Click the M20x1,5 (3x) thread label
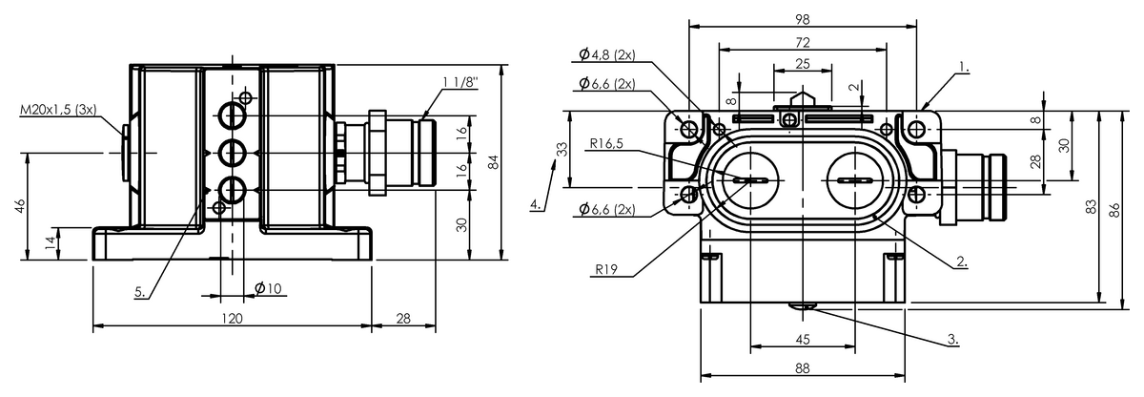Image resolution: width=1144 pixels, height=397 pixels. pyautogui.click(x=58, y=110)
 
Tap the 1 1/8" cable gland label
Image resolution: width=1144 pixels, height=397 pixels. pyautogui.click(x=460, y=82)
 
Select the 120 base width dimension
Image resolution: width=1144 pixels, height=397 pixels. pyautogui.click(x=232, y=319)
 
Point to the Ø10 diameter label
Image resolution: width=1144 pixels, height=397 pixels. pyautogui.click(x=268, y=288)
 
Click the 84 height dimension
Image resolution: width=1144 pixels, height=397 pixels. pyautogui.click(x=492, y=162)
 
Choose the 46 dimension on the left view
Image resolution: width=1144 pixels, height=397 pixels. pyautogui.click(x=19, y=206)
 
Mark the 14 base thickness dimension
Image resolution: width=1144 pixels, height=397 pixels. pyautogui.click(x=50, y=243)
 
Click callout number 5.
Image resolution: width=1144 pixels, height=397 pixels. pyautogui.click(x=140, y=292)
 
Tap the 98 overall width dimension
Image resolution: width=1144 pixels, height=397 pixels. pyautogui.click(x=803, y=19)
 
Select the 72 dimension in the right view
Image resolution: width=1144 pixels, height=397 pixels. pyautogui.click(x=803, y=42)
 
